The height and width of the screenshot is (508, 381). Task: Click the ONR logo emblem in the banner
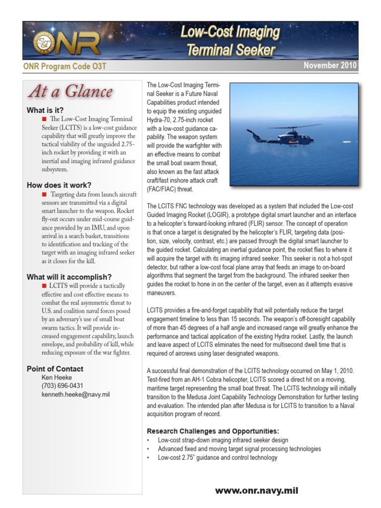coord(44,43)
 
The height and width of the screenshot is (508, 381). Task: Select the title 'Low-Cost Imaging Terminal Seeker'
coord(230,41)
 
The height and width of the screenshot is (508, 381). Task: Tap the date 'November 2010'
coord(329,65)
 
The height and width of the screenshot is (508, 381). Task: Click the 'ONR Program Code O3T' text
coord(64,66)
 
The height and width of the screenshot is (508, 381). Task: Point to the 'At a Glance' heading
coord(70,91)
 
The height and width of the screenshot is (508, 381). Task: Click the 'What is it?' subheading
coord(45,110)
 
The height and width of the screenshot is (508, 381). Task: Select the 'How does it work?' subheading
coord(59,185)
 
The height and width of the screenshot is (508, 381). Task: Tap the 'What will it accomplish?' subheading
coord(69,277)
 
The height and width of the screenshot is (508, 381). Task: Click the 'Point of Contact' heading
coord(55,369)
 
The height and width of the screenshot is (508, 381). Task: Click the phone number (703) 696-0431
coord(63,386)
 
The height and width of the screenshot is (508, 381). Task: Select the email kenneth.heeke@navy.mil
coord(75,394)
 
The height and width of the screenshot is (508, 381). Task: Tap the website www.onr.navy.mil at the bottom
coord(256,491)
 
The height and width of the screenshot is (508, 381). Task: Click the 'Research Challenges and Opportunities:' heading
coord(213,431)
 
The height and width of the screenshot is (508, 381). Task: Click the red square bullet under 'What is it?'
coord(44,119)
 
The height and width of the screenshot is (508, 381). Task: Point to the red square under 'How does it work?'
coord(44,194)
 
